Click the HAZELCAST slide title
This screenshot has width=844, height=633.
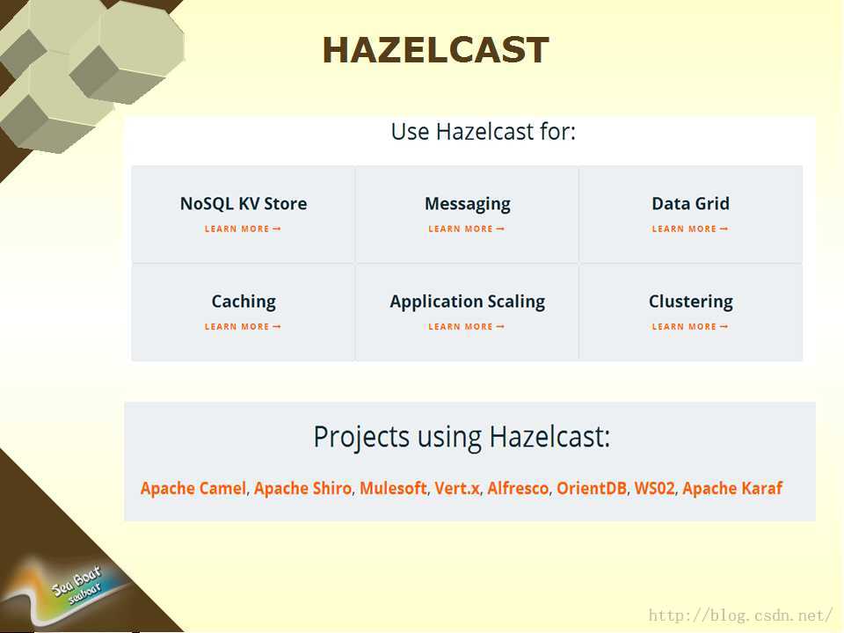(435, 50)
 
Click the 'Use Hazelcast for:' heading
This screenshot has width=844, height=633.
(483, 131)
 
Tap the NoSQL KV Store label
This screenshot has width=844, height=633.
(244, 203)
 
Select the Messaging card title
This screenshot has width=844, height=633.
(467, 204)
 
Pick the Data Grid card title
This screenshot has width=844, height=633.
(691, 203)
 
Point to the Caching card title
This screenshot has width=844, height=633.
(244, 302)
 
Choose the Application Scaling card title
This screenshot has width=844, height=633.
(467, 302)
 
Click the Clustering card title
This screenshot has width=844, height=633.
(691, 302)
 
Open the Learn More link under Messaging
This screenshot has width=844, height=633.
(466, 229)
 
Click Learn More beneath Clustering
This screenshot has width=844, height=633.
(689, 327)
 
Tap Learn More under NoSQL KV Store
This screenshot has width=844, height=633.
(243, 229)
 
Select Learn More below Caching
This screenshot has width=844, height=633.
(243, 327)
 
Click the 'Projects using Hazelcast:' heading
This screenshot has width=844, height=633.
(462, 437)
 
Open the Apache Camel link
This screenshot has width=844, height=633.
(193, 488)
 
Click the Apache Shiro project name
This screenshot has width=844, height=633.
(302, 488)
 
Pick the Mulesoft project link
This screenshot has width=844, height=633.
(393, 488)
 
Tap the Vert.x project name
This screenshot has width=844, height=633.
(457, 488)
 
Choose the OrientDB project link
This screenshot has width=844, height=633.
(592, 488)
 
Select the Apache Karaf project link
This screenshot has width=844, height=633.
(732, 488)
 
